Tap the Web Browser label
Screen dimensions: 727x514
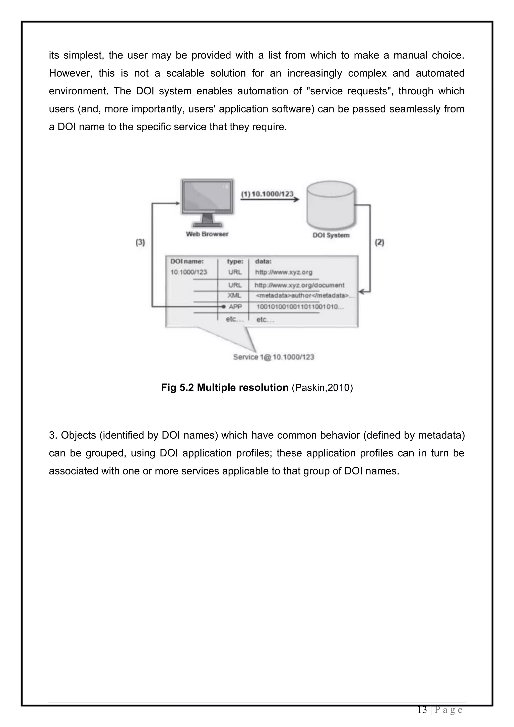(x=207, y=234)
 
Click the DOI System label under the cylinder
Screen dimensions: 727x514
(x=331, y=235)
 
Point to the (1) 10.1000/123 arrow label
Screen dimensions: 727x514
(x=268, y=194)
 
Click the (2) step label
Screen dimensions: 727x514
(x=379, y=243)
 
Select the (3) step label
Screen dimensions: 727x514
(x=140, y=243)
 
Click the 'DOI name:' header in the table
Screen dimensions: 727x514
(x=187, y=262)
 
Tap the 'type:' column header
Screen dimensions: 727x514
(x=235, y=262)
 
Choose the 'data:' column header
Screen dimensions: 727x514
(x=263, y=262)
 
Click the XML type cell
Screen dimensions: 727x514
(x=234, y=295)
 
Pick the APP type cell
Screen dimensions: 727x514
(x=235, y=307)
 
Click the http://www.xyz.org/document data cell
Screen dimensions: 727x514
(x=299, y=285)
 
